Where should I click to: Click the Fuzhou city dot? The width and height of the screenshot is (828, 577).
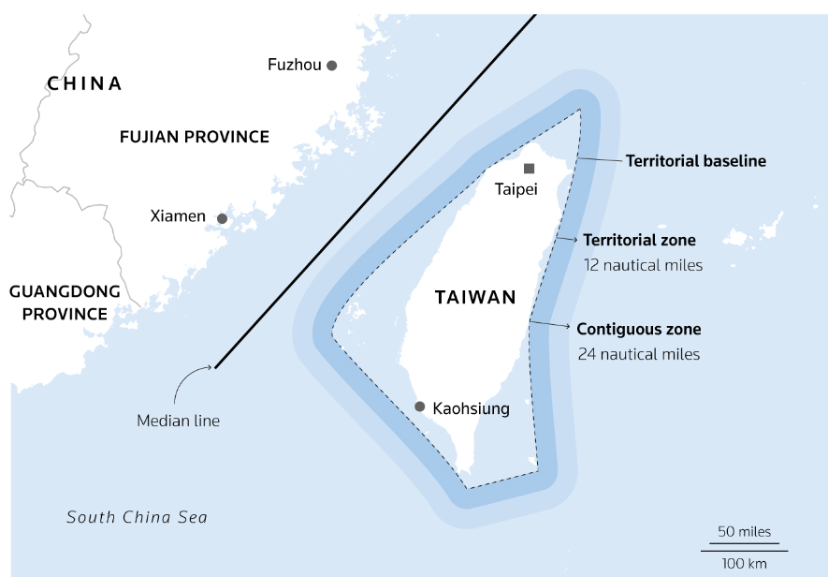click(x=331, y=65)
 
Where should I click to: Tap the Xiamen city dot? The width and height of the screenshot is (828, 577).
click(x=222, y=218)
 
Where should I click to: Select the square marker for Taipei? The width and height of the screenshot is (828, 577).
click(x=530, y=169)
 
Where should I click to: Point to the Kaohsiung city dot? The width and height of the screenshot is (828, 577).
click(x=420, y=407)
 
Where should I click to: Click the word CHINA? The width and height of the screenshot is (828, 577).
click(x=85, y=83)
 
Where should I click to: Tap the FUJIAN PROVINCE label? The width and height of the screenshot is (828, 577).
click(x=195, y=137)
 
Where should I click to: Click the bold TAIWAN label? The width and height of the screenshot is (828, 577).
click(x=475, y=298)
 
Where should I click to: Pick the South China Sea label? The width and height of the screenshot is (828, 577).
click(x=137, y=517)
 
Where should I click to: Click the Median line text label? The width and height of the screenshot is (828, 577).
click(x=179, y=421)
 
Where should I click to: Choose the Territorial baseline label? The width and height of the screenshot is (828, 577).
click(x=696, y=161)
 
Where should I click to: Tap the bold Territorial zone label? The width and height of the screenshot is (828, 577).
click(x=639, y=241)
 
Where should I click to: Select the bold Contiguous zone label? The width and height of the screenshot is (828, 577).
click(x=638, y=330)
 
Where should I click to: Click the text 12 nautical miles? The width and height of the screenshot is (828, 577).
click(x=643, y=265)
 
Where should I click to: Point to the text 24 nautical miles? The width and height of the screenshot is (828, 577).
click(x=638, y=354)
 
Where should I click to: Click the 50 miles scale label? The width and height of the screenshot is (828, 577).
click(x=745, y=532)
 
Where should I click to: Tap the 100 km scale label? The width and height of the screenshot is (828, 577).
click(x=745, y=563)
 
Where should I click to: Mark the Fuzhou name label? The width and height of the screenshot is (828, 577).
click(x=294, y=65)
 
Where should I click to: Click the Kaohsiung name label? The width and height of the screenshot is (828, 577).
click(x=472, y=408)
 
